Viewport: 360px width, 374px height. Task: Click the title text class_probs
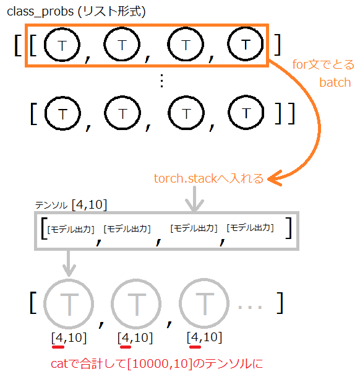pyautogui.click(x=40, y=12)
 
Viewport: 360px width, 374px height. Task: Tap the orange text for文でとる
pyautogui.click(x=323, y=64)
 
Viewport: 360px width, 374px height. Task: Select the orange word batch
pyautogui.click(x=335, y=82)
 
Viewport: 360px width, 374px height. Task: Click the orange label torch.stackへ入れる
pyautogui.click(x=208, y=178)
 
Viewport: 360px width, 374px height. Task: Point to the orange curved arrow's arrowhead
pyautogui.click(x=275, y=178)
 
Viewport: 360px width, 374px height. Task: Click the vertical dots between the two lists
pyautogui.click(x=162, y=80)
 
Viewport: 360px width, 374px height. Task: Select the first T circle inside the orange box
pyautogui.click(x=62, y=45)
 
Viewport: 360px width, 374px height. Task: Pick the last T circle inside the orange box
pyautogui.click(x=246, y=44)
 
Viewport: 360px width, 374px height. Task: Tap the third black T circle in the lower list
pyautogui.click(x=186, y=113)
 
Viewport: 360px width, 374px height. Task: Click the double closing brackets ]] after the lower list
pyautogui.click(x=285, y=113)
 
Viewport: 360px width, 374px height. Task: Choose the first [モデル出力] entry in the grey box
pyautogui.click(x=71, y=230)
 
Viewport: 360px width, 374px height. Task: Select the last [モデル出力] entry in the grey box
pyautogui.click(x=250, y=228)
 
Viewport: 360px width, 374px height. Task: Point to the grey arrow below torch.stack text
pyautogui.click(x=194, y=199)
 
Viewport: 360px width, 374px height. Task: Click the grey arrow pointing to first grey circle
pyautogui.click(x=69, y=263)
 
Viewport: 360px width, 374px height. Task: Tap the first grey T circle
pyautogui.click(x=69, y=303)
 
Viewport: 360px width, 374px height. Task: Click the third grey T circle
pyautogui.click(x=204, y=303)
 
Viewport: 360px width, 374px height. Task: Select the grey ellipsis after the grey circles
pyautogui.click(x=250, y=307)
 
